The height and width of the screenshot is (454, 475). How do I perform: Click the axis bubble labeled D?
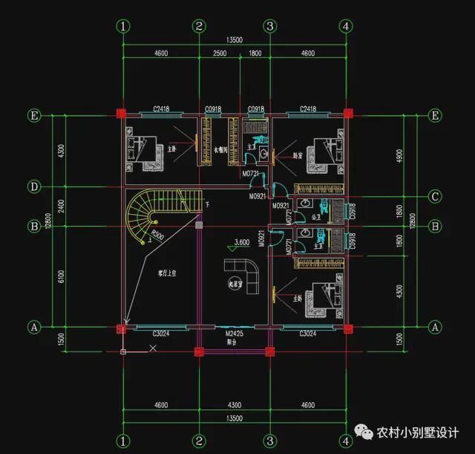pos(34,186)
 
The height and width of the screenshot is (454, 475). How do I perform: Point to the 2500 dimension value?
pos(219,53)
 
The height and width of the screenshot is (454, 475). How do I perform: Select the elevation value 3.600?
pos(241,242)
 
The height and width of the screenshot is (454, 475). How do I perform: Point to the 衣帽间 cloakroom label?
pos(219,149)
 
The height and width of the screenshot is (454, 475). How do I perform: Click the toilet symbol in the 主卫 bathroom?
pos(259,139)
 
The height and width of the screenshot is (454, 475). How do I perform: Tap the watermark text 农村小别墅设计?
pos(418,432)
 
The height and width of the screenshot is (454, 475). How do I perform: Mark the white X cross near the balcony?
pos(153,347)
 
